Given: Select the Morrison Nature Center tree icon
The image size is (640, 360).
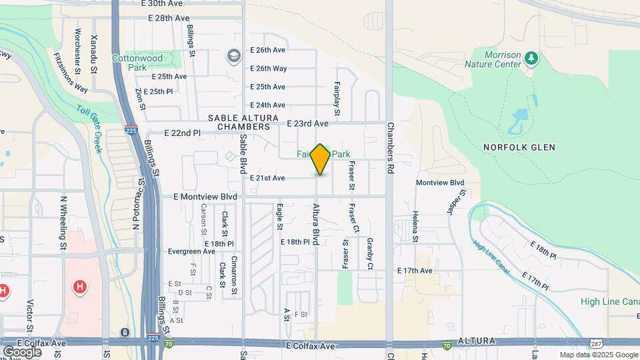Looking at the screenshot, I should click(x=531, y=58).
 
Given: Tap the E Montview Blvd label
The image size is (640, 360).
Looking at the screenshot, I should click(x=205, y=197).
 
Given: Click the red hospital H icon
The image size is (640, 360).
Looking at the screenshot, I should click(x=80, y=287).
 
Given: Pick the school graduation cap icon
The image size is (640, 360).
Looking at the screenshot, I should click(x=233, y=55).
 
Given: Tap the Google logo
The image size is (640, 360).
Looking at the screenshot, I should click(x=22, y=351).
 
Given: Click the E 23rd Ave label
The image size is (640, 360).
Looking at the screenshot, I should click(x=308, y=123).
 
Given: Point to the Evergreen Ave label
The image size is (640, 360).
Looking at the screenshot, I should click(x=191, y=251).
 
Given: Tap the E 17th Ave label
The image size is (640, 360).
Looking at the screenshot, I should click(x=415, y=271).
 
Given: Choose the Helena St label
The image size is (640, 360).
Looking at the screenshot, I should click(x=415, y=227).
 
